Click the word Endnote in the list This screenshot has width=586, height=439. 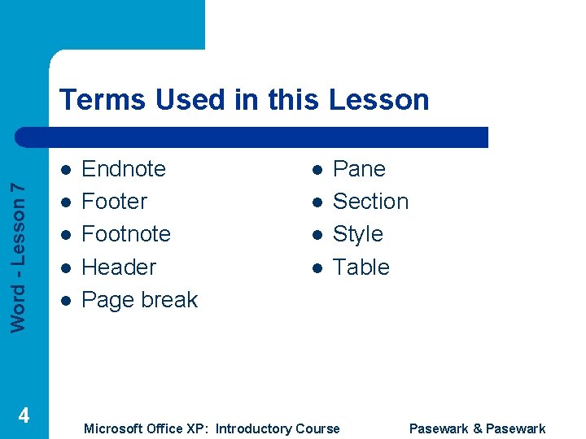click(124, 169)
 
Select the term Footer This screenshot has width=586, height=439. click(115, 202)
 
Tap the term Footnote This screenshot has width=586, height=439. click(126, 234)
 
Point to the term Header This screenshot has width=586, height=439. click(119, 267)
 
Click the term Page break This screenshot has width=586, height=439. click(140, 300)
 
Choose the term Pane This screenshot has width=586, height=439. click(359, 169)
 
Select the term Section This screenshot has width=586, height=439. click(370, 202)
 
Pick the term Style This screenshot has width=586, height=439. click(357, 234)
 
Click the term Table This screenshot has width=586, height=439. click(361, 267)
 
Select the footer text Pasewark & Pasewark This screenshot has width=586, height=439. click(477, 428)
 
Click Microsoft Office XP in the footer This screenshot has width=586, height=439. click(146, 428)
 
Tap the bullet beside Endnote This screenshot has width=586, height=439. click(65, 170)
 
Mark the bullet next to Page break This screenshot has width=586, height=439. click(65, 301)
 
